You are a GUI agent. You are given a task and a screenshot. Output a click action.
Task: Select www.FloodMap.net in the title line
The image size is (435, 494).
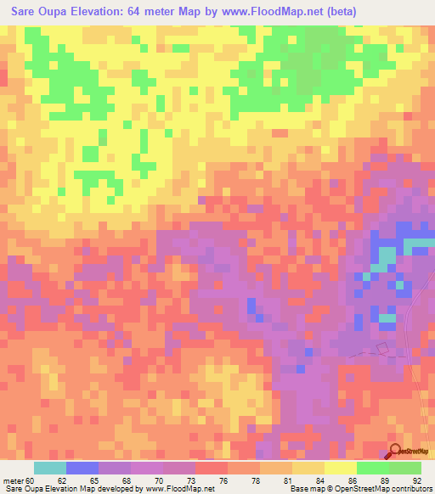pos(269,12)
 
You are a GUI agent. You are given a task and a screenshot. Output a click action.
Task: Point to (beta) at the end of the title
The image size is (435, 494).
pos(340,12)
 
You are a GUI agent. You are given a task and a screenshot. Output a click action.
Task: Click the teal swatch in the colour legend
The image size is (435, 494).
pos(50,468)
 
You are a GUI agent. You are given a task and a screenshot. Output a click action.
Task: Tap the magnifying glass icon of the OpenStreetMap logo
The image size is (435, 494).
pos(396,452)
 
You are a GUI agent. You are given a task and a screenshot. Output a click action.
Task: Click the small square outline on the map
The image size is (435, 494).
pos(381,347)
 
